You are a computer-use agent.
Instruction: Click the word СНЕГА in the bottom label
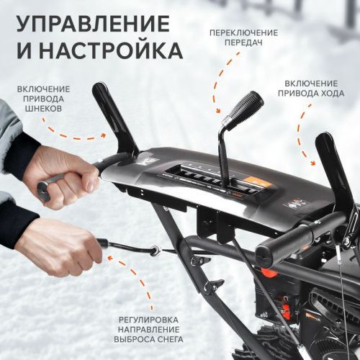(165, 339)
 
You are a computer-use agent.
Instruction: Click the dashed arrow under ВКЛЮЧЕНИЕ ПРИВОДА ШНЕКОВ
(72, 133)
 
